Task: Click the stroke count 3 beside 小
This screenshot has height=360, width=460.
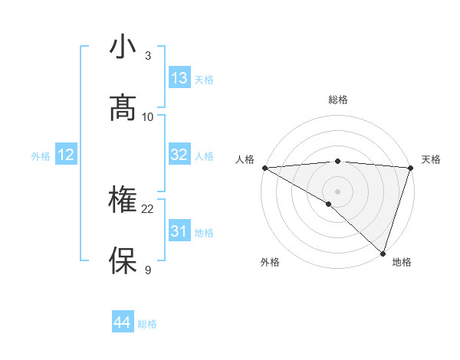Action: coord(148,56)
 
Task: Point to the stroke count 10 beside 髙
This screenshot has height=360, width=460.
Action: coord(148,116)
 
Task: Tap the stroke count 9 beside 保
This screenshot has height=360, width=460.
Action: coord(148,270)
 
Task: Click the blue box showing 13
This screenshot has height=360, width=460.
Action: coord(179,78)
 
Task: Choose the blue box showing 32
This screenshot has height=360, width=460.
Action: coord(179,155)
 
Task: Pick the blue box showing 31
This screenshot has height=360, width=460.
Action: coord(179,231)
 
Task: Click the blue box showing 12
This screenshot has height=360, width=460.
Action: coord(66,155)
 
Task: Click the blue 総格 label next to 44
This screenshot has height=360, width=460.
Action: coord(147,324)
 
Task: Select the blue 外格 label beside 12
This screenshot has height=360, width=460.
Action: coord(41,155)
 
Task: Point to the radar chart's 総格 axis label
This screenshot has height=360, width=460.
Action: coord(337,100)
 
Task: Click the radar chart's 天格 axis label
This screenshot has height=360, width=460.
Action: coord(431,159)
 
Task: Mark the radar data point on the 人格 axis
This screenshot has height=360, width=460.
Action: coord(264,168)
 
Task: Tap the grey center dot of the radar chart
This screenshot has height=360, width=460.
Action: coord(337,191)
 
